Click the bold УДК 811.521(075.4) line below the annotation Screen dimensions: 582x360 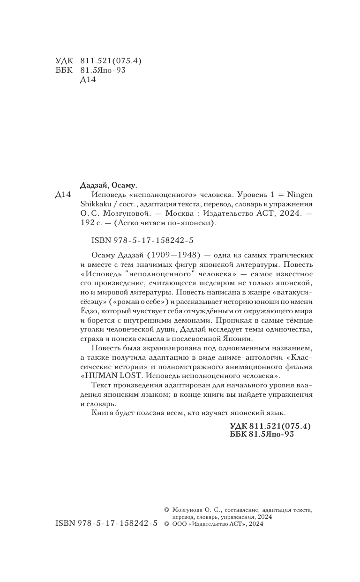coord(270,426)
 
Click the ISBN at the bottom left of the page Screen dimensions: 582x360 coord(106,523)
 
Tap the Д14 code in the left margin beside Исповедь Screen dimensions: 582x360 coord(63,194)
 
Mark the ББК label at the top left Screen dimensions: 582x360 coord(63,70)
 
